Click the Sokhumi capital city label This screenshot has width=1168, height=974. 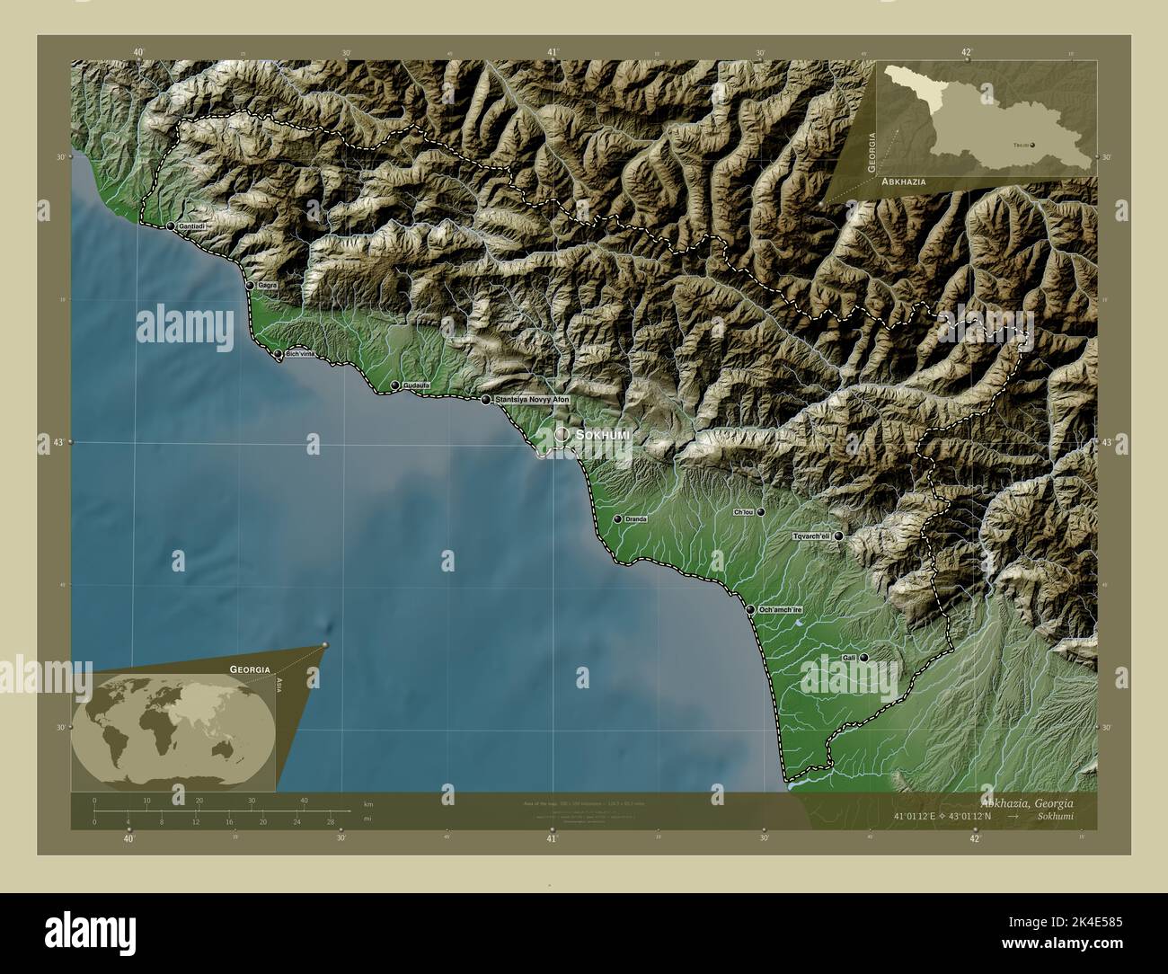coord(603,435)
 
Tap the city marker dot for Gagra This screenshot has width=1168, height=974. coord(250,285)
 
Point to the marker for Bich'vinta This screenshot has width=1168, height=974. coord(278,355)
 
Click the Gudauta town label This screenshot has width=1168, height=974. coord(417,385)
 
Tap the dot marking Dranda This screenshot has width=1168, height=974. coord(617,518)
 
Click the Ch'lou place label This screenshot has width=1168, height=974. coord(743,512)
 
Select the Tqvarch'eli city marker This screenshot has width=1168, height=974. coord(838,536)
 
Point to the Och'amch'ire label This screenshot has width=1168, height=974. coord(780,610)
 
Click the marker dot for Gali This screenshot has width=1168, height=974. coord(863,658)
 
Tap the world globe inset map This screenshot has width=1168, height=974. coord(174,729)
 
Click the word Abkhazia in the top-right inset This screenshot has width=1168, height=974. coord(904,182)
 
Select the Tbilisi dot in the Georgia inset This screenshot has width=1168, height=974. coord(1031,144)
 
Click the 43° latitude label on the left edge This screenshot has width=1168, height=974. coord(51,443)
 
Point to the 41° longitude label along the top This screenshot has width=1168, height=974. coord(553,52)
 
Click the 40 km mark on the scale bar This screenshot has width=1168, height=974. coord(305,800)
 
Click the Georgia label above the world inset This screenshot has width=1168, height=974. coord(250,669)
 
